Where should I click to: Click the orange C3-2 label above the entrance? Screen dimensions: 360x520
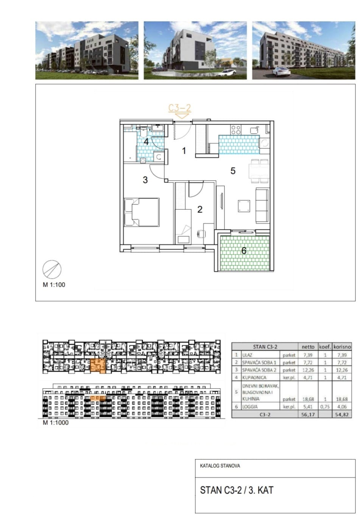coord(179,108)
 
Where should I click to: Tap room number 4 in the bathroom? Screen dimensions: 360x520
coord(146,141)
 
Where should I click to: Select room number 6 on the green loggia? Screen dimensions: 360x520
coord(244,251)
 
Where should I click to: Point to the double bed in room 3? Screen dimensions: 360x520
coord(142,212)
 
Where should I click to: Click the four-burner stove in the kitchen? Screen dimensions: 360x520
coord(236,130)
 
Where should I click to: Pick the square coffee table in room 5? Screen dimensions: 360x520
coord(244,206)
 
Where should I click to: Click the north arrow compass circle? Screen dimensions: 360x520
coord(52,269)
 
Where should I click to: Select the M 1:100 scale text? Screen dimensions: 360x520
coord(54,284)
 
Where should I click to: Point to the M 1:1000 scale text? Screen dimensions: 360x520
coord(56,423)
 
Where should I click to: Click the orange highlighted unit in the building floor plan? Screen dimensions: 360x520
coord(98,366)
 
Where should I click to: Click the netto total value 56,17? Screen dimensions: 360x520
coord(308,414)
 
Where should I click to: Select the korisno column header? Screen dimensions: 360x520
coord(342,347)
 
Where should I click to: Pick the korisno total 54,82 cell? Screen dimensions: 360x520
coord(342,414)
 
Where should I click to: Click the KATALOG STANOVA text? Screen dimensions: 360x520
coord(220,466)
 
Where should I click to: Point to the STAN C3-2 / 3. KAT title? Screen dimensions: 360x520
coord(237,490)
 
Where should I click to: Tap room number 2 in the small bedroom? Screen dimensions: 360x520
coord(200,209)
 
